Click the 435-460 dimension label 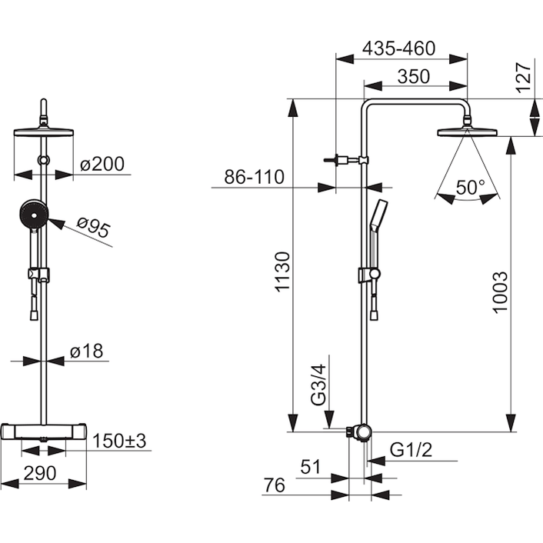click(398, 48)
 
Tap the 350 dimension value click(414, 77)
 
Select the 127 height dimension click(524, 78)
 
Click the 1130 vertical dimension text click(282, 272)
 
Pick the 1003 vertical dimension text click(500, 292)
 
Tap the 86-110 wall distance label click(254, 177)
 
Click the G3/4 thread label click(318, 385)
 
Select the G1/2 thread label click(411, 450)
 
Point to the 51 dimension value click(311, 467)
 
